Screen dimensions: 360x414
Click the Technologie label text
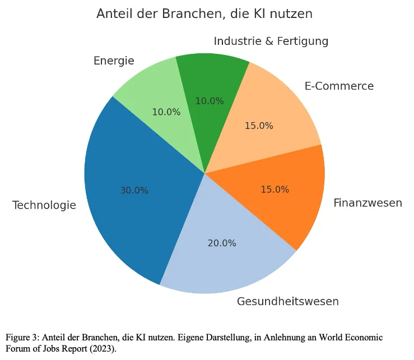(x=44, y=205)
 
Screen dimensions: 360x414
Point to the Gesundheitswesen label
(x=287, y=301)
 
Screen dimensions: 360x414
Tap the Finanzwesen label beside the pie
(x=368, y=202)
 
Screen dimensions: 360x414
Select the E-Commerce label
(x=339, y=86)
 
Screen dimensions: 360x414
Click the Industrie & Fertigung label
(x=271, y=41)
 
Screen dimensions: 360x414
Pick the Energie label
(x=114, y=61)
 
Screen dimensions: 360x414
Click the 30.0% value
(x=134, y=191)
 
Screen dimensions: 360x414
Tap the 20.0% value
(x=222, y=243)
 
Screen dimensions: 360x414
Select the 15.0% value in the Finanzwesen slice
(x=275, y=190)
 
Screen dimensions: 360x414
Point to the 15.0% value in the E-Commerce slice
(x=259, y=126)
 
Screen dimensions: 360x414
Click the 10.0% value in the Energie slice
(x=166, y=112)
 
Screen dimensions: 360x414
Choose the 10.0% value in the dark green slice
(x=210, y=101)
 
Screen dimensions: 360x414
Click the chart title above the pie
(x=204, y=14)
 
